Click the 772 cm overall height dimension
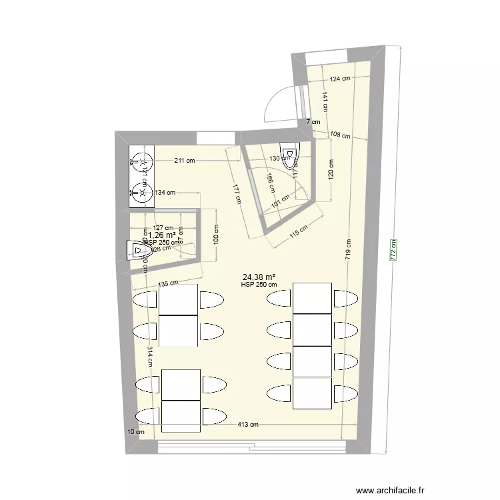(x=394, y=250)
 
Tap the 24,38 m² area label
(x=259, y=277)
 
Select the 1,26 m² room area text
(x=161, y=235)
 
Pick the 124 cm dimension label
(x=340, y=79)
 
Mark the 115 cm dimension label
(x=297, y=233)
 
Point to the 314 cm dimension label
(x=150, y=359)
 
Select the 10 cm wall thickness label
(x=135, y=433)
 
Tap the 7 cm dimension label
(x=313, y=122)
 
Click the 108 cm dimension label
(x=340, y=135)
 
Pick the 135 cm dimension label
(x=168, y=283)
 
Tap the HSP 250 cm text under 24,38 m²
(x=259, y=286)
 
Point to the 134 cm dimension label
(x=164, y=193)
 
